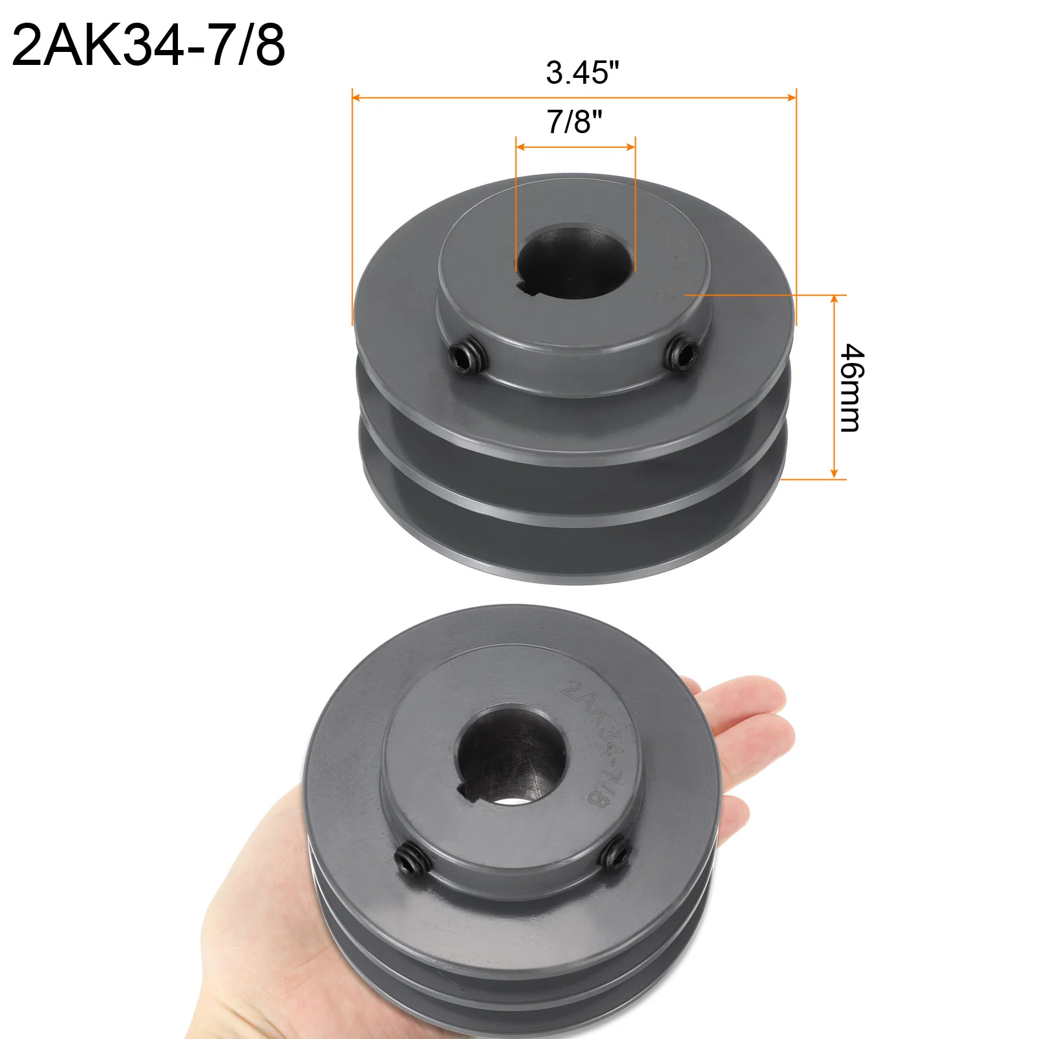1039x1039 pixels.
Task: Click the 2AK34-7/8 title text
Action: pos(149,45)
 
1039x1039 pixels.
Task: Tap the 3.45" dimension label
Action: pos(582,72)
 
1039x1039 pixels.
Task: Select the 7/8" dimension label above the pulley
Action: pos(574,121)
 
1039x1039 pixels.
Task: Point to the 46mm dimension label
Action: pos(852,388)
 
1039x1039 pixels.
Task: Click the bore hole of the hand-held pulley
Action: pos(512,756)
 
